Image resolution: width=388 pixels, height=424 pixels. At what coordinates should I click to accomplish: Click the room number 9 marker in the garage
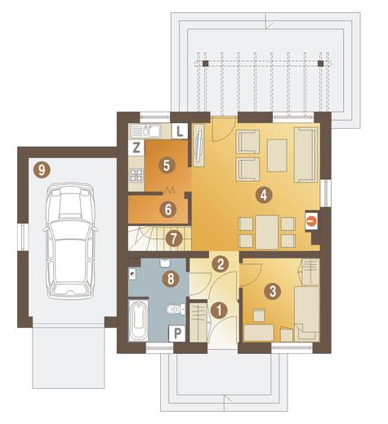point(42,170)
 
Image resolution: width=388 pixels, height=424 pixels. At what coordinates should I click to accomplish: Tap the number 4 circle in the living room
point(264,195)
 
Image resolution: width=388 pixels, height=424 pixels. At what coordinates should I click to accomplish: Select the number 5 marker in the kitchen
point(167,166)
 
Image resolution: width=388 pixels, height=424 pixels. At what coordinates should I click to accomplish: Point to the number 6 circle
point(167,210)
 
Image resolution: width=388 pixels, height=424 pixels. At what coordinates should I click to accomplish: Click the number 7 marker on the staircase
point(174,239)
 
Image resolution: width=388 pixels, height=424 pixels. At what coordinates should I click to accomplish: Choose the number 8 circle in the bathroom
point(171,279)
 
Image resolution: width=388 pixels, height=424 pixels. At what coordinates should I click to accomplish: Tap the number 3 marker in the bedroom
point(273,291)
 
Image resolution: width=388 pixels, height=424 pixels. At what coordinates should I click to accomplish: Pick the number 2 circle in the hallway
point(221,263)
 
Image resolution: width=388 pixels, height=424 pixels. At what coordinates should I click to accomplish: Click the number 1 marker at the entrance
point(219,310)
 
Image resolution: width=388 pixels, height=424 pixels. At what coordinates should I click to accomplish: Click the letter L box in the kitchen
point(180,131)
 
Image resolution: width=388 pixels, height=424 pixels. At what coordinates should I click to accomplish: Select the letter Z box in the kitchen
point(136,148)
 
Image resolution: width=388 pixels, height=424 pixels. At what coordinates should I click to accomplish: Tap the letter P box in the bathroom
point(177,333)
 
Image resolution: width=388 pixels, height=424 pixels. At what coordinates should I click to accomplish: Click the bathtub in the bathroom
point(138,320)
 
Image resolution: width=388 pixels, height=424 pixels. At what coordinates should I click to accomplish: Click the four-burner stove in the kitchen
point(136,174)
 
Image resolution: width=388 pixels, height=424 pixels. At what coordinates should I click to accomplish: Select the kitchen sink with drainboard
point(145,131)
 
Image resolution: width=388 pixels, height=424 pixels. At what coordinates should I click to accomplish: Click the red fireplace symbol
point(311,221)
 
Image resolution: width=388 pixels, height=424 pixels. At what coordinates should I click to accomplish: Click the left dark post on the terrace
point(206,64)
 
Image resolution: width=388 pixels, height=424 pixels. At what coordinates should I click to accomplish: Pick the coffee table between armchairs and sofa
point(277,156)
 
